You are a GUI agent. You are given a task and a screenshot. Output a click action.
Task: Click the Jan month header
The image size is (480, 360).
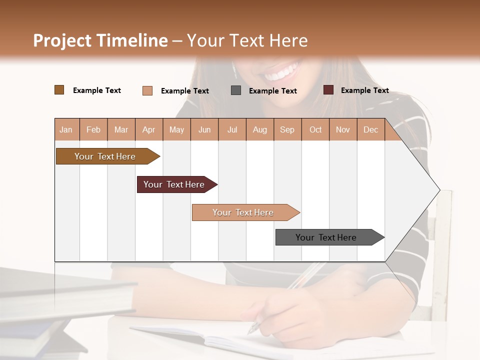click(66, 129)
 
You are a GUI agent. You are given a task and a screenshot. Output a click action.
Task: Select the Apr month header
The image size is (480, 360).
click(148, 129)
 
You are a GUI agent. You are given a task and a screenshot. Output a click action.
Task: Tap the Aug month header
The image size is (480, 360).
click(259, 129)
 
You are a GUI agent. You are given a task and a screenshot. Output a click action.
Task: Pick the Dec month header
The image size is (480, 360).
click(370, 129)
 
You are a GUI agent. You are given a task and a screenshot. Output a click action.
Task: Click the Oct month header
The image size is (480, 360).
click(315, 129)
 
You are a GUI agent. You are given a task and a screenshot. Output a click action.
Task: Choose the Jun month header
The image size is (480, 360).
click(204, 129)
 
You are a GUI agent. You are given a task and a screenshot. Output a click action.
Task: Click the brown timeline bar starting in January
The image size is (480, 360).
click(105, 156)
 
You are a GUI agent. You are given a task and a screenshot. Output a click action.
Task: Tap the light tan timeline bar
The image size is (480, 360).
click(243, 212)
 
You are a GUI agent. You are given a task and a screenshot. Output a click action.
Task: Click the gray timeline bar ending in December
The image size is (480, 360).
click(326, 237)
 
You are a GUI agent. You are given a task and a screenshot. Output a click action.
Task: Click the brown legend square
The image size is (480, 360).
click(59, 90)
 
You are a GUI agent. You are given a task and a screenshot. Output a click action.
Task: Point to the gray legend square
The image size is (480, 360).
click(236, 90)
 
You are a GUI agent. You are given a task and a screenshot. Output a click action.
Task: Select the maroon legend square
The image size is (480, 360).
click(328, 90)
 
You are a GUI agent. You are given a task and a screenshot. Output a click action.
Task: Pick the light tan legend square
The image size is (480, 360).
click(147, 90)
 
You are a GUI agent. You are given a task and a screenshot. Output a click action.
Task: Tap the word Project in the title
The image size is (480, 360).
click(62, 40)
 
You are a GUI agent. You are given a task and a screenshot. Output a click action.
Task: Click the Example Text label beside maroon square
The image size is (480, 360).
click(364, 90)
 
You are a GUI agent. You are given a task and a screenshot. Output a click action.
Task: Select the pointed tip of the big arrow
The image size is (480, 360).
click(439, 190)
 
